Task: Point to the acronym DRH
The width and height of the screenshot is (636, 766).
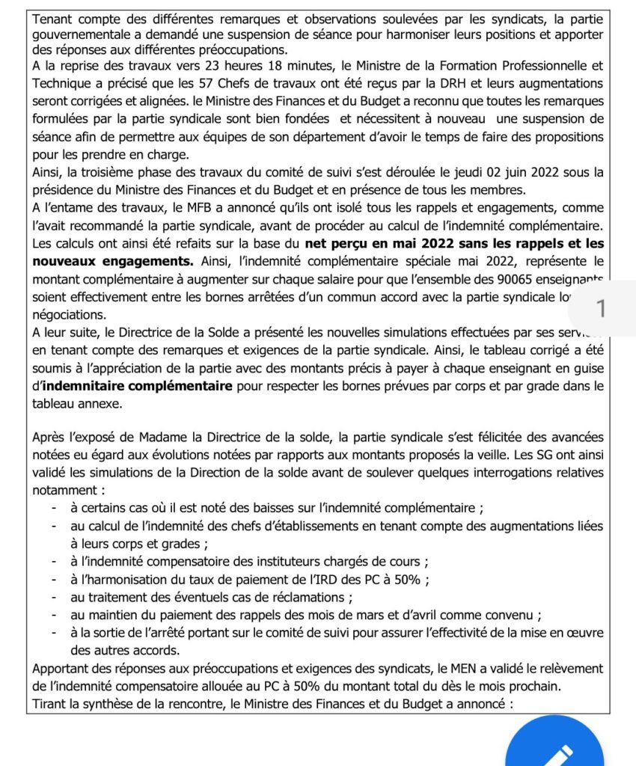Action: click(x=438, y=84)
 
